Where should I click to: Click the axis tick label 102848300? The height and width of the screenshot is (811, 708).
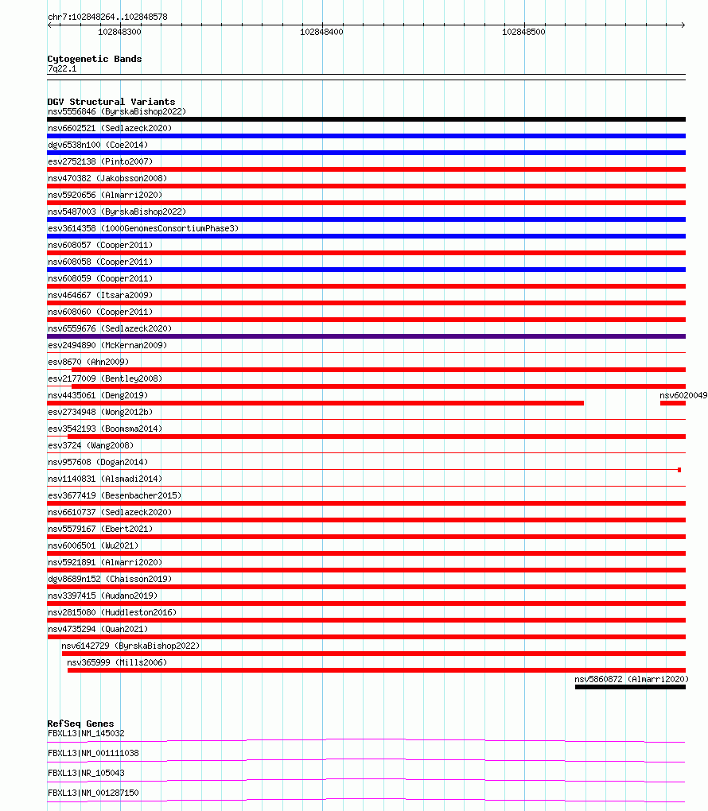[x=119, y=33]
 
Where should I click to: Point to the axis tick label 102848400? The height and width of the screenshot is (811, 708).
[x=321, y=33]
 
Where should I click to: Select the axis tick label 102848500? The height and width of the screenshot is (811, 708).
[x=523, y=33]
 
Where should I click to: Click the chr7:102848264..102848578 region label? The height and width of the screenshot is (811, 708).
[x=107, y=17]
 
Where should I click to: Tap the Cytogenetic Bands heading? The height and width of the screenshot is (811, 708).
[x=94, y=59]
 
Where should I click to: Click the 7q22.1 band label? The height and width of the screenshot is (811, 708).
[x=62, y=69]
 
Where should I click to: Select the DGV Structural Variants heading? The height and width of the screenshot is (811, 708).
[x=111, y=102]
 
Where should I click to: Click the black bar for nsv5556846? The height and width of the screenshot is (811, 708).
[x=366, y=119]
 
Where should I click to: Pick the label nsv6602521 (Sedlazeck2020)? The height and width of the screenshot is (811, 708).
[x=109, y=128]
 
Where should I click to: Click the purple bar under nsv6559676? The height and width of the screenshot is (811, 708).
[x=366, y=336]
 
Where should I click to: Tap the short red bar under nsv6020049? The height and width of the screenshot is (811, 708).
[x=672, y=403]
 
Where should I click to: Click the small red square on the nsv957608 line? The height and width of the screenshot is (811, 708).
[x=679, y=470]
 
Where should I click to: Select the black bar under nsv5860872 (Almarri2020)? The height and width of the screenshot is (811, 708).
[x=630, y=687]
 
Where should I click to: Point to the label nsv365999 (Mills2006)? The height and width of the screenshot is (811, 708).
[x=117, y=662]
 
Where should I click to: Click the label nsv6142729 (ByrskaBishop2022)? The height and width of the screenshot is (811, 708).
[x=130, y=646]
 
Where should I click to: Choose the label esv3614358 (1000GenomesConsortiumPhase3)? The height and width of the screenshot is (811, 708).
[x=142, y=228]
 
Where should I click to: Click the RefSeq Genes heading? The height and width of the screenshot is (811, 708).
[x=80, y=724]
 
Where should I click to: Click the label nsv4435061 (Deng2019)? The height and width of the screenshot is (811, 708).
[x=98, y=395]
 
